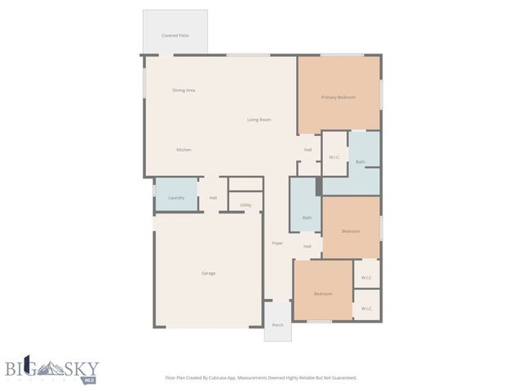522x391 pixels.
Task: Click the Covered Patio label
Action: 175,36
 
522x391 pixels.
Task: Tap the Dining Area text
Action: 184,90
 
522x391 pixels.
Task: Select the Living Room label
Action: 259,120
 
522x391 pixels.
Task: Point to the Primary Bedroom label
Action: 338,97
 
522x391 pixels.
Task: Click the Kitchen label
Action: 184,150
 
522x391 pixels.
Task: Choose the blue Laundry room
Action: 176,197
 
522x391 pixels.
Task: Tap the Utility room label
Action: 246,204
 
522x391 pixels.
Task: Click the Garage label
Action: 209,273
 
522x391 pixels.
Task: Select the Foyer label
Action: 277,243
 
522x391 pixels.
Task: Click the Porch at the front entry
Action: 277,324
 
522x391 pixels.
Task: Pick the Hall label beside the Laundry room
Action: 213,197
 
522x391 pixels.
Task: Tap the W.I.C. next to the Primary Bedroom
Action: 334,157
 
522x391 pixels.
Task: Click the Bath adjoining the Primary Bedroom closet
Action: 361,162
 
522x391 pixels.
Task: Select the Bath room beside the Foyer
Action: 307,217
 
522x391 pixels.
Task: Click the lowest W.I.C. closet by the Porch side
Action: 367,308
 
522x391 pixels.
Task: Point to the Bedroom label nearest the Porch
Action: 323,293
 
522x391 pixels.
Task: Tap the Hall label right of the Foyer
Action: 307,246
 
